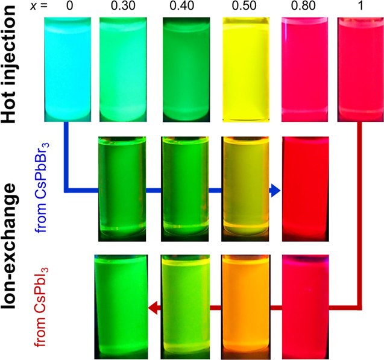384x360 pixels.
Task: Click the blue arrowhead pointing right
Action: pyautogui.click(x=275, y=191)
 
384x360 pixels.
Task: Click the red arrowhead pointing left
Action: pyautogui.click(x=154, y=309)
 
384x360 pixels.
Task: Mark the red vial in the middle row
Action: pyautogui.click(x=306, y=187)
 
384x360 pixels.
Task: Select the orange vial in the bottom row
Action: pyautogui.click(x=245, y=305)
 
